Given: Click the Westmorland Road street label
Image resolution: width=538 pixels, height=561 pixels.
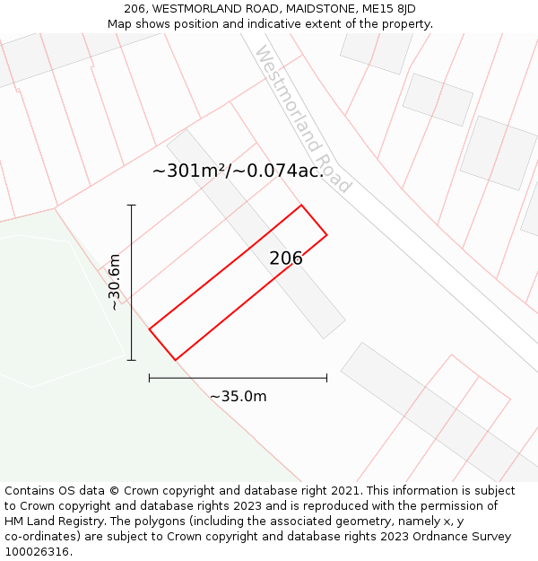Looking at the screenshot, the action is (304, 118).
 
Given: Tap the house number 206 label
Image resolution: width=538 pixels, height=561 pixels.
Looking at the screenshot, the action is (286, 259).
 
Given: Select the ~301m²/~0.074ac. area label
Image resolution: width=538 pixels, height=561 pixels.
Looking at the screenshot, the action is (238, 171).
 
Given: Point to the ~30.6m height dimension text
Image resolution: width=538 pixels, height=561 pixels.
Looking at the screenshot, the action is (115, 282).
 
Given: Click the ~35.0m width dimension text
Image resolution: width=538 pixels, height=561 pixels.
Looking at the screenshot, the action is (239, 396).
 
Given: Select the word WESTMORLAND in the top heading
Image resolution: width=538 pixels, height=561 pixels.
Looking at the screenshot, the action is (196, 9).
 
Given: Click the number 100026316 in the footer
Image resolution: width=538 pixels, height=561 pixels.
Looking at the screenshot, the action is (37, 551).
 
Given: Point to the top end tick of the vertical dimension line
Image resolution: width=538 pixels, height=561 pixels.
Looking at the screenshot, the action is (132, 206).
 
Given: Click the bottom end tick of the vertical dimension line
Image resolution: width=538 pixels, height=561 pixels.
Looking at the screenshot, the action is (132, 360).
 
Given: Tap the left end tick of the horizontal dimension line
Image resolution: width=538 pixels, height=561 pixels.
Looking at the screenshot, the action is (150, 379).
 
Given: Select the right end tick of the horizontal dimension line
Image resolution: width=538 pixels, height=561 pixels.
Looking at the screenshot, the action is (326, 379).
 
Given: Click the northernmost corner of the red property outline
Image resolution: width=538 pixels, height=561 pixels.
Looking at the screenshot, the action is (301, 206).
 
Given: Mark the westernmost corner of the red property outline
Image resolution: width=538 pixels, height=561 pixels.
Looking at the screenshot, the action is (150, 329).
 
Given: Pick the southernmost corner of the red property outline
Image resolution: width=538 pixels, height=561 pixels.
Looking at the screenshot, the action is (175, 360).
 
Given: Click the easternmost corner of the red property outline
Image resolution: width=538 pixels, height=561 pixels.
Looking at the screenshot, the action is (326, 235).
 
